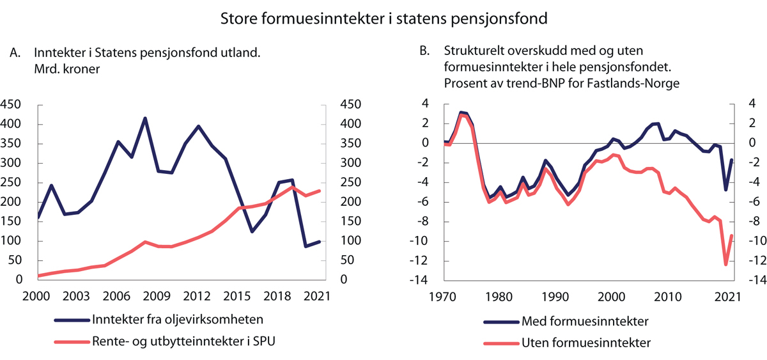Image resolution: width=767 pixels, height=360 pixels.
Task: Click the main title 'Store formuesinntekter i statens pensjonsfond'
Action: (383, 18)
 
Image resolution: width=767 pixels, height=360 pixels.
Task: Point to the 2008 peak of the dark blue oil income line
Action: (145, 118)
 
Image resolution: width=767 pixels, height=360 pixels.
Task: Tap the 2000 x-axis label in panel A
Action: (38, 296)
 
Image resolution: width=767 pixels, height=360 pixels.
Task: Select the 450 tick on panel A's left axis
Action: (14, 105)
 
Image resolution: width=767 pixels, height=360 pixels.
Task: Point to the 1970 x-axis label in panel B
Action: (444, 296)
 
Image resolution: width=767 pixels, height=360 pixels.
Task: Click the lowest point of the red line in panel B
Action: (725, 264)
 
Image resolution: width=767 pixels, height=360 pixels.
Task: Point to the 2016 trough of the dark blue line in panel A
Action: (252, 231)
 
